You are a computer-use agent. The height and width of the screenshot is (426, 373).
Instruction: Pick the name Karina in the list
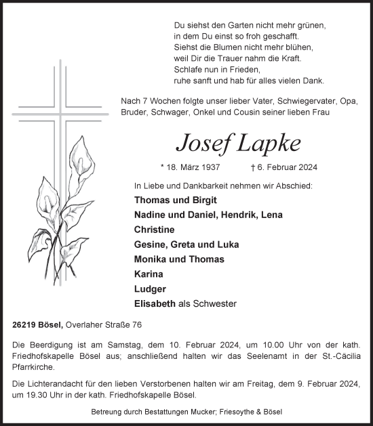coord(149,274)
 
